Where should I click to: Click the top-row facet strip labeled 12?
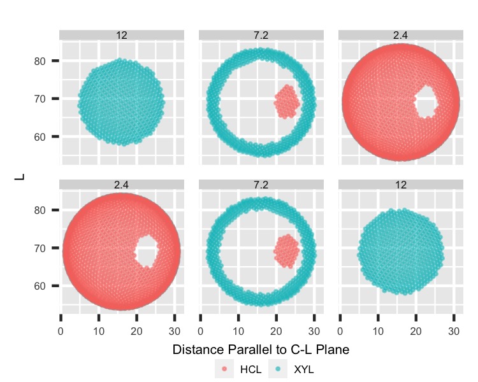point(122,35)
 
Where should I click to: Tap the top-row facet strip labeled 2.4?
point(400,35)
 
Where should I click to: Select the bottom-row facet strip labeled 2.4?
point(122,185)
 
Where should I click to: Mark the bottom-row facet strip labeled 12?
point(400,185)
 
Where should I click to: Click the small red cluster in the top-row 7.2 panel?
point(287,101)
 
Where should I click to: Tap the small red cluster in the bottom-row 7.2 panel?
point(287,250)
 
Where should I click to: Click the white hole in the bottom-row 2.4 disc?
point(147,250)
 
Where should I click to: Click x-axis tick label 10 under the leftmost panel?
point(98,331)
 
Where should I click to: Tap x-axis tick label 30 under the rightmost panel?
point(453,331)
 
